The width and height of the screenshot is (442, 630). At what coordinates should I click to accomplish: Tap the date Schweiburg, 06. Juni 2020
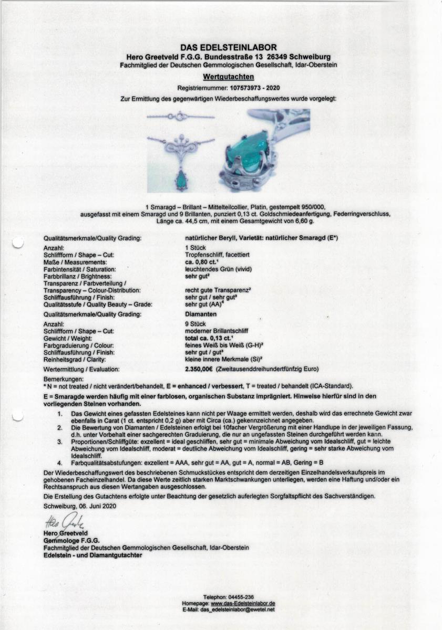(78, 506)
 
